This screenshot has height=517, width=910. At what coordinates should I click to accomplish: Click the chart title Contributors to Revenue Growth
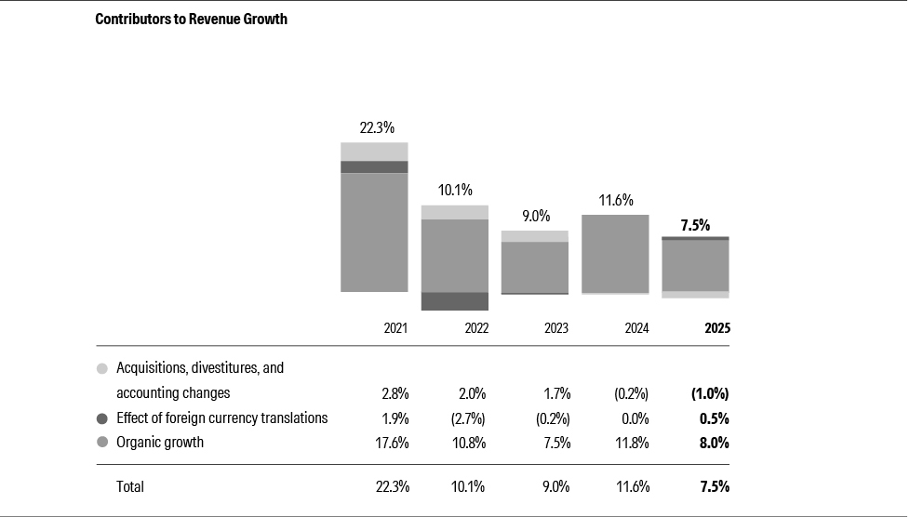(x=191, y=19)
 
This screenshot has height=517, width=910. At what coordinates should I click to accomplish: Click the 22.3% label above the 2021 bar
(x=376, y=127)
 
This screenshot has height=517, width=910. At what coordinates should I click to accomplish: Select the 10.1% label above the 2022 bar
(x=455, y=190)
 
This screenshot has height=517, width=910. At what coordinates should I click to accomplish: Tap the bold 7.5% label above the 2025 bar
(x=695, y=224)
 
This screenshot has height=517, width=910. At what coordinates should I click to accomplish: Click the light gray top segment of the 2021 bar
(x=374, y=152)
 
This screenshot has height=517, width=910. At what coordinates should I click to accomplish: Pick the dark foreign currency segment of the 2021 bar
(x=374, y=167)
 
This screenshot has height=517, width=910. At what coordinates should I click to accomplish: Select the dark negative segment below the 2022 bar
(x=455, y=301)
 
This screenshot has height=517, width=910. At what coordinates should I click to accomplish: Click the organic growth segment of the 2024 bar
(x=615, y=254)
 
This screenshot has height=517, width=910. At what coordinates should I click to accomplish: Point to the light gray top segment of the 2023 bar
(x=535, y=236)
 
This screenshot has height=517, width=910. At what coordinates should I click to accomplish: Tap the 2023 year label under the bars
(x=555, y=328)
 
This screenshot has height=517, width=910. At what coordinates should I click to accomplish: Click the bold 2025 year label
(x=716, y=328)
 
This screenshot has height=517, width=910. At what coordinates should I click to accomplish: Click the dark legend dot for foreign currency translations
(x=102, y=418)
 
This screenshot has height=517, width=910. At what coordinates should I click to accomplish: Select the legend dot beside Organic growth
(x=102, y=443)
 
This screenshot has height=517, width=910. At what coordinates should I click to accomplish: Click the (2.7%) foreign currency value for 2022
(x=469, y=418)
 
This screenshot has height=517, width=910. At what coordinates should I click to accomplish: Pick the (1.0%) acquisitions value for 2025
(x=710, y=393)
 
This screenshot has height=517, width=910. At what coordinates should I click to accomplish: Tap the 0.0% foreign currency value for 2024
(x=635, y=418)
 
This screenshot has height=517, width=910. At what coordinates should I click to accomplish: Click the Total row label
(x=130, y=486)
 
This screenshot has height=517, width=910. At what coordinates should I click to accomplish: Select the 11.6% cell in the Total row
(x=632, y=486)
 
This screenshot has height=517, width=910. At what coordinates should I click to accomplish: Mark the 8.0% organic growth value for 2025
(x=714, y=443)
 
